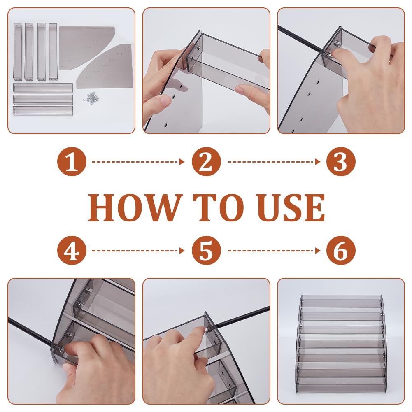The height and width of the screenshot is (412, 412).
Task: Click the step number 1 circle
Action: coord(72,161)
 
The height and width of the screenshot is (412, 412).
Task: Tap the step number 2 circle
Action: coord(206,161)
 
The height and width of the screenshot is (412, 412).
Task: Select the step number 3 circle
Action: coord(341,161)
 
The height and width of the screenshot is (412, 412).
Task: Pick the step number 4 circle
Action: coord(72,250)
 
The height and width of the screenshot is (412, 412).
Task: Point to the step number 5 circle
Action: coord(206,250)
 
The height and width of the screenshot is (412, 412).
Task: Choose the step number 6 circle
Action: coord(341,250)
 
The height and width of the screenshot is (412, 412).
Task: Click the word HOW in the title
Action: coord(135,207)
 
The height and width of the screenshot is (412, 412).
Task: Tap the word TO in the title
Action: coord(219,207)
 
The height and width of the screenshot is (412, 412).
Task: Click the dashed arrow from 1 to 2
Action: coord(138,162)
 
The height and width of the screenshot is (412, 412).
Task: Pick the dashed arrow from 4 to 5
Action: coord(138,250)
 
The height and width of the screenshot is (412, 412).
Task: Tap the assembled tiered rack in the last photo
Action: coord(341,338)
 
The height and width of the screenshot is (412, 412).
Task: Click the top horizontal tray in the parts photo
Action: coord(43,88)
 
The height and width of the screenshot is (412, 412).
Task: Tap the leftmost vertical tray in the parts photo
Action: coord(18,52)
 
